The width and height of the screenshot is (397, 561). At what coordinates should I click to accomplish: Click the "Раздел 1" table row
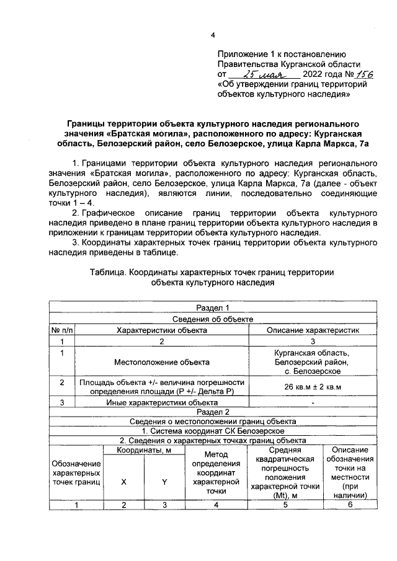tap(213, 308)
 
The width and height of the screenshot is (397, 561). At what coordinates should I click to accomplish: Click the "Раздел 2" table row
tap(213, 411)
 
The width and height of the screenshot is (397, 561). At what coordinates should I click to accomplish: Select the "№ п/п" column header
tap(61, 330)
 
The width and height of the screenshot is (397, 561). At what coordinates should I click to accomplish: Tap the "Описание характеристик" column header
tap(313, 330)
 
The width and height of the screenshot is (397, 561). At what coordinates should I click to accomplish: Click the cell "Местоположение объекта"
tap(161, 361)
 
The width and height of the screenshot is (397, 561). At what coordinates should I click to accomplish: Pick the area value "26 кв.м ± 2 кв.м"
tap(313, 387)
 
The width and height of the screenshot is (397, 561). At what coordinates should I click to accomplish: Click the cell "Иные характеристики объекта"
tap(161, 402)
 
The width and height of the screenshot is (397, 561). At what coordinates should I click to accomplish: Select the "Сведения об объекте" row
tap(213, 319)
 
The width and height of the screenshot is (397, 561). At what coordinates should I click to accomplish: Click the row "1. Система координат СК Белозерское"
tap(213, 431)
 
